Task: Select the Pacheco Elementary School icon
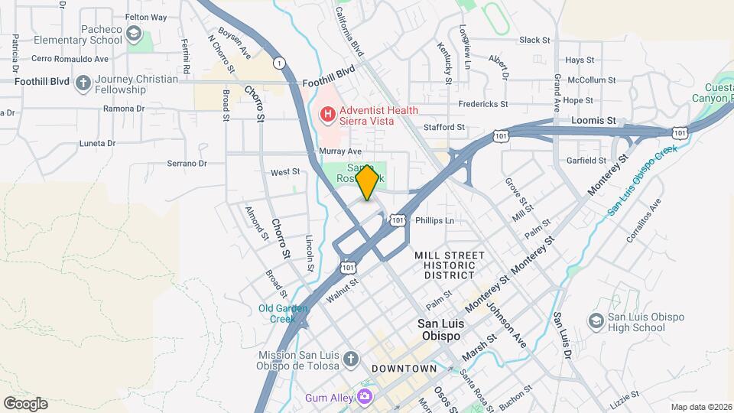[135, 33]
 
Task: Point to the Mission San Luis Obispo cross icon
[350, 359]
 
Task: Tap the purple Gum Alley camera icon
[365, 396]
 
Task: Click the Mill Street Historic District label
[450, 265]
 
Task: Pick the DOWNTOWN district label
[404, 369]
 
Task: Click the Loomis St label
[593, 121]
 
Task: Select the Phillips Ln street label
[434, 220]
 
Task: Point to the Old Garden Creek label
[282, 313]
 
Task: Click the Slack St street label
[534, 40]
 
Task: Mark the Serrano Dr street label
[188, 163]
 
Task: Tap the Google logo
[25, 403]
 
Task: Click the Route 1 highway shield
[281, 62]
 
